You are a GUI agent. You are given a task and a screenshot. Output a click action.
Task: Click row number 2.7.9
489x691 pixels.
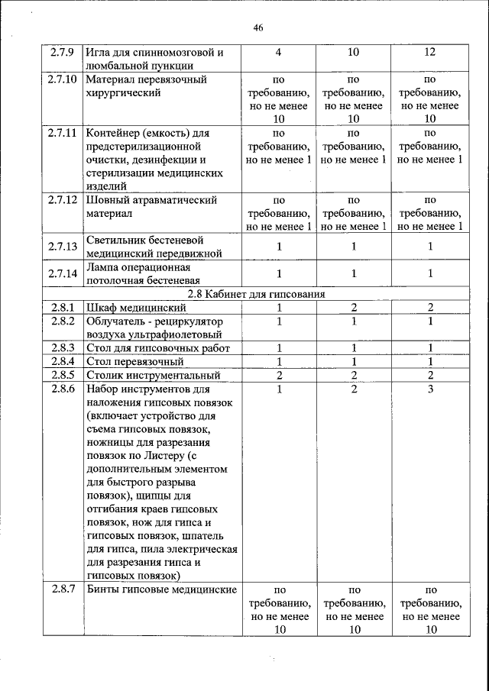click(62, 53)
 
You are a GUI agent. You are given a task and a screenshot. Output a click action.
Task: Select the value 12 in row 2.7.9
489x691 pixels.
click(429, 53)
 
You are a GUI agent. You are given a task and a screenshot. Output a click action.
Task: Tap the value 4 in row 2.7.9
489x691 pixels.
click(278, 53)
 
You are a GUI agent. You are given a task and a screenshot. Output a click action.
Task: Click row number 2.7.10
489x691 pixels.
click(62, 79)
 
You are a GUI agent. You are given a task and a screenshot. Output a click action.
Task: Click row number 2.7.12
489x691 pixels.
click(62, 200)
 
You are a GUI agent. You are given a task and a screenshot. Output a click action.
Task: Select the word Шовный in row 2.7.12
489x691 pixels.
click(108, 200)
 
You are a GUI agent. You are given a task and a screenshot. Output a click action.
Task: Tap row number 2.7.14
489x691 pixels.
click(62, 273)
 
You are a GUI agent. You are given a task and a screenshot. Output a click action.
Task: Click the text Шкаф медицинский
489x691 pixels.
click(137, 307)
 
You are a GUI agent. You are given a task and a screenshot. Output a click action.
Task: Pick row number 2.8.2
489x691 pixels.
click(62, 321)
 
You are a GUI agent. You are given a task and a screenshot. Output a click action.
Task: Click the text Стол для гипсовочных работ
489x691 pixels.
click(158, 349)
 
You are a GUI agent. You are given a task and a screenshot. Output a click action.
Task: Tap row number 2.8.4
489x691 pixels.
click(62, 362)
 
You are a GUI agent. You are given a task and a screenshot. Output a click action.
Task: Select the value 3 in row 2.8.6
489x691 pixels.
click(429, 389)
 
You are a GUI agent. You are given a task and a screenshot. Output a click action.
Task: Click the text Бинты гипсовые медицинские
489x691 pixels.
click(160, 589)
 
